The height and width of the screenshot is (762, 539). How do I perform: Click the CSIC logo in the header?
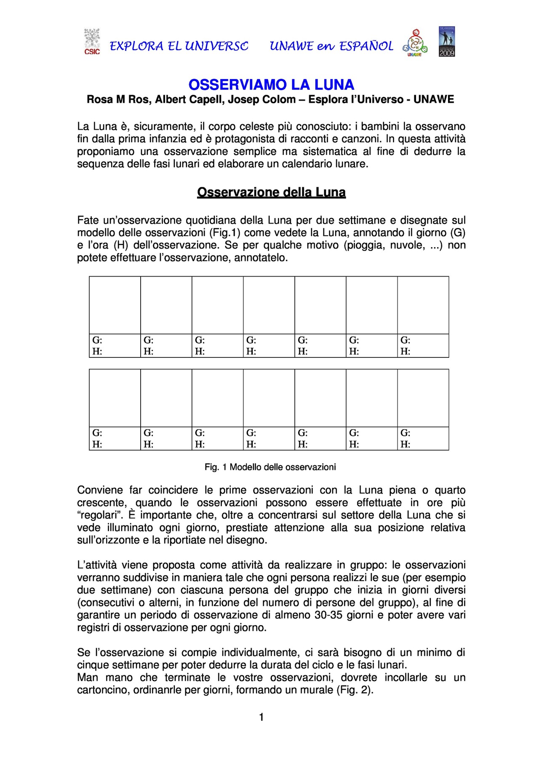(92, 42)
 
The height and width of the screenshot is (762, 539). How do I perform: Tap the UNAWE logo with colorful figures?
(415, 43)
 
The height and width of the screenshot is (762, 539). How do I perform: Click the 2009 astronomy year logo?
(447, 42)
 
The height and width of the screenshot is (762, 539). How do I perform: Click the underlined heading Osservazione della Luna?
(271, 192)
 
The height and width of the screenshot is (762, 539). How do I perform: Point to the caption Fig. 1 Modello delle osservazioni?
(270, 467)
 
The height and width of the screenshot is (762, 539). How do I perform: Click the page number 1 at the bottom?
(261, 717)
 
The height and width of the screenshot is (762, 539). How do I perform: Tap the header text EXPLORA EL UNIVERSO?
(179, 46)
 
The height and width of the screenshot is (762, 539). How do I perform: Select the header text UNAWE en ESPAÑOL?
(331, 46)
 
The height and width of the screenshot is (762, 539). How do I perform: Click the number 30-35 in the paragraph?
(329, 615)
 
